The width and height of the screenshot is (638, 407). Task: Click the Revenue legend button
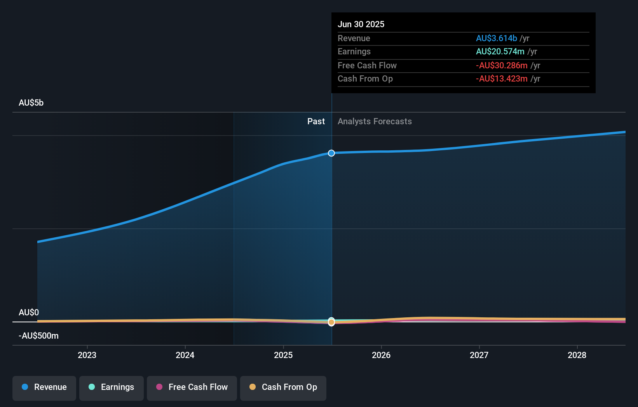pyautogui.click(x=44, y=387)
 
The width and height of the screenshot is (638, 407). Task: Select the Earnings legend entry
pyautogui.click(x=112, y=387)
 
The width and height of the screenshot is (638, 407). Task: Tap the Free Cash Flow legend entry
pyautogui.click(x=192, y=387)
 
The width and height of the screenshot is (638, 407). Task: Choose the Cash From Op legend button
pyautogui.click(x=283, y=387)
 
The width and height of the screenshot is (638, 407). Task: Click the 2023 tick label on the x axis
pyautogui.click(x=87, y=355)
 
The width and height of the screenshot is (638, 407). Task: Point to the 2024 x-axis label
pyautogui.click(x=185, y=355)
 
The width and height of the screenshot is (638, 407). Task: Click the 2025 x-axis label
pyautogui.click(x=283, y=355)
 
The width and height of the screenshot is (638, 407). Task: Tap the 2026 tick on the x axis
pyautogui.click(x=381, y=355)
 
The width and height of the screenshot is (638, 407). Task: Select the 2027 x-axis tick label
pyautogui.click(x=479, y=355)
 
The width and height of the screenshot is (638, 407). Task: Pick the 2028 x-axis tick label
pyautogui.click(x=577, y=355)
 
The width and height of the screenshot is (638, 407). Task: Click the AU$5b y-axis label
pyautogui.click(x=31, y=103)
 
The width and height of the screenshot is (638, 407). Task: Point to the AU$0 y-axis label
pyautogui.click(x=29, y=313)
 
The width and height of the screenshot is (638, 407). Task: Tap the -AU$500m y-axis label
pyautogui.click(x=38, y=336)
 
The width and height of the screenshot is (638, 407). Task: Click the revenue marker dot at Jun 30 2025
pyautogui.click(x=331, y=153)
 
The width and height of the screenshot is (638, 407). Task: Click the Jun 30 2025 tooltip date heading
pyautogui.click(x=361, y=24)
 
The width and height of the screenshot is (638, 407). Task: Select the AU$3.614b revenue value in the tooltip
pyautogui.click(x=496, y=38)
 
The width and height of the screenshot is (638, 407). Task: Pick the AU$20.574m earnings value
pyautogui.click(x=500, y=52)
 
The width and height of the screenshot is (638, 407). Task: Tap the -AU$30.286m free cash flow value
pyautogui.click(x=502, y=65)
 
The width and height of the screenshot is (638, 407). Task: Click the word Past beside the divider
pyautogui.click(x=316, y=122)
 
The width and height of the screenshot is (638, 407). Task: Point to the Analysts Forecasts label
pyautogui.click(x=375, y=122)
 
